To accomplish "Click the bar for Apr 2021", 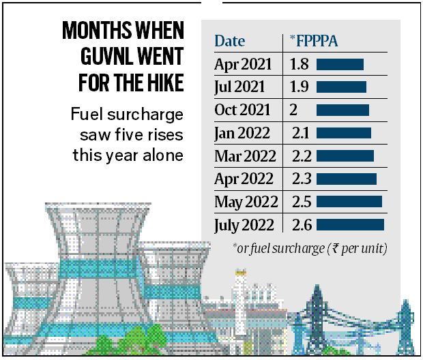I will pyautogui.click(x=340, y=65).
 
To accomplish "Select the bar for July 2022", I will pyautogui.click(x=350, y=225).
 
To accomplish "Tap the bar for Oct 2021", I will pyautogui.click(x=342, y=110).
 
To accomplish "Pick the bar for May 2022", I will pyautogui.click(x=349, y=202).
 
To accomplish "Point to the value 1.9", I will pyautogui.click(x=297, y=87).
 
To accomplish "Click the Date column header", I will pyautogui.click(x=230, y=40).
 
